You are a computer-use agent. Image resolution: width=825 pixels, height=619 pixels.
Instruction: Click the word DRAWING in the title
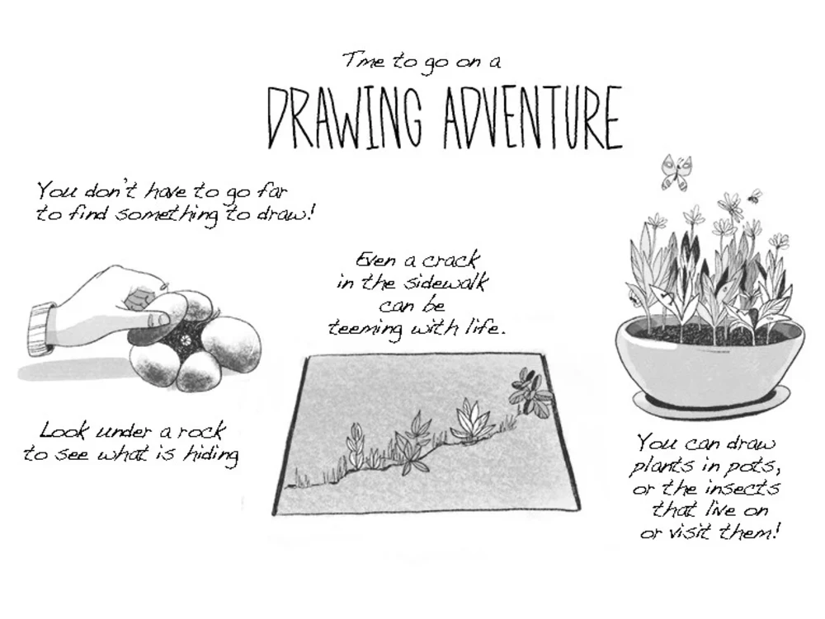pos(346,118)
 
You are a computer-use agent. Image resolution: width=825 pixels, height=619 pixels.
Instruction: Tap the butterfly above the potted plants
pos(675,171)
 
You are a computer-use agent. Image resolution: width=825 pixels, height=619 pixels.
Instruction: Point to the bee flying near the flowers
pos(754,196)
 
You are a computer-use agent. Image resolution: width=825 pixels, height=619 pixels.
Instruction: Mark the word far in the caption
pos(272,193)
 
